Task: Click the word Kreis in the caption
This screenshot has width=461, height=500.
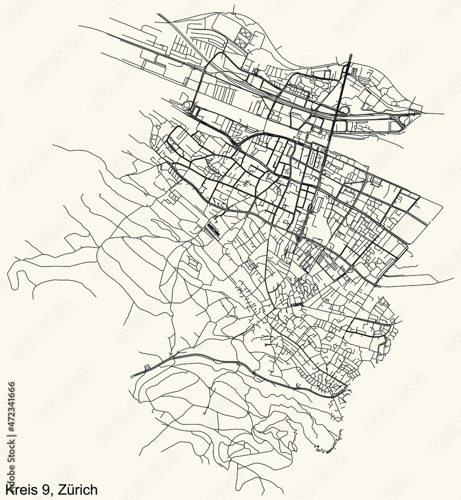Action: point(19,488)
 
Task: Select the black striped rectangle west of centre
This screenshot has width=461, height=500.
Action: point(212,229)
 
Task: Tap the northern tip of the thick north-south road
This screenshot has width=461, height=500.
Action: point(351,55)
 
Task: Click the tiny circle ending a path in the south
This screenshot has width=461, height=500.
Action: point(205,414)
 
